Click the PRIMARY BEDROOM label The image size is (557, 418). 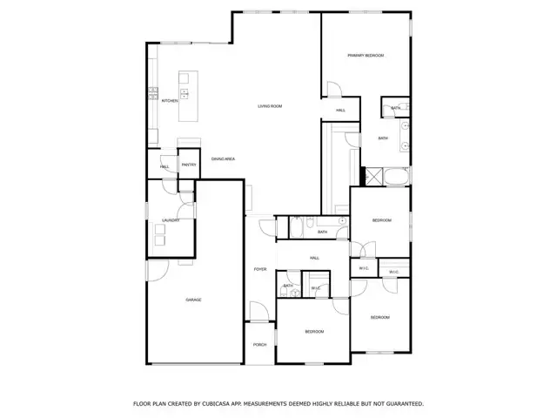(366, 55)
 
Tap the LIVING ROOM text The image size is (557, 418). (270, 106)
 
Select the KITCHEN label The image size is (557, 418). (170, 101)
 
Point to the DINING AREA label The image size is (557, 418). (223, 158)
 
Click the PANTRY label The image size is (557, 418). (188, 165)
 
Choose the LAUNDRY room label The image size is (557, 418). (171, 220)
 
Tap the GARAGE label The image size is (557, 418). (193, 300)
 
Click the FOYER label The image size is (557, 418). (259, 269)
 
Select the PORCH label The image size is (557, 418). (259, 345)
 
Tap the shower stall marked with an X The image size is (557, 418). (372, 175)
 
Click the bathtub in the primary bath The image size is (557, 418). (396, 176)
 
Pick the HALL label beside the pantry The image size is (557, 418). (164, 166)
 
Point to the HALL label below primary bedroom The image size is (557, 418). (341, 111)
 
